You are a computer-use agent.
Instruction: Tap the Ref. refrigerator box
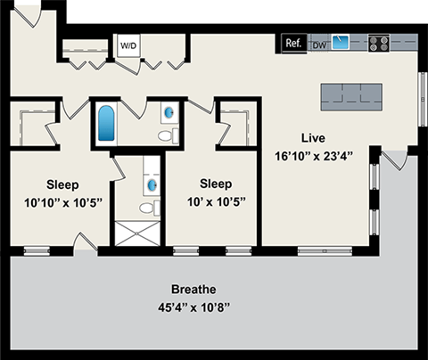(292, 42)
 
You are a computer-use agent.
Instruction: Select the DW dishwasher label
(319, 43)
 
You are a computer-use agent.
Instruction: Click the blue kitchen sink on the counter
(342, 43)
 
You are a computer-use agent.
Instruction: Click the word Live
(312, 139)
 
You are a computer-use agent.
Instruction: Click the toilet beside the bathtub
(164, 136)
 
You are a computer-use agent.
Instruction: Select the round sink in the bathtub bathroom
(169, 113)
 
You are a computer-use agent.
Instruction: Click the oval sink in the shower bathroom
(151, 184)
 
